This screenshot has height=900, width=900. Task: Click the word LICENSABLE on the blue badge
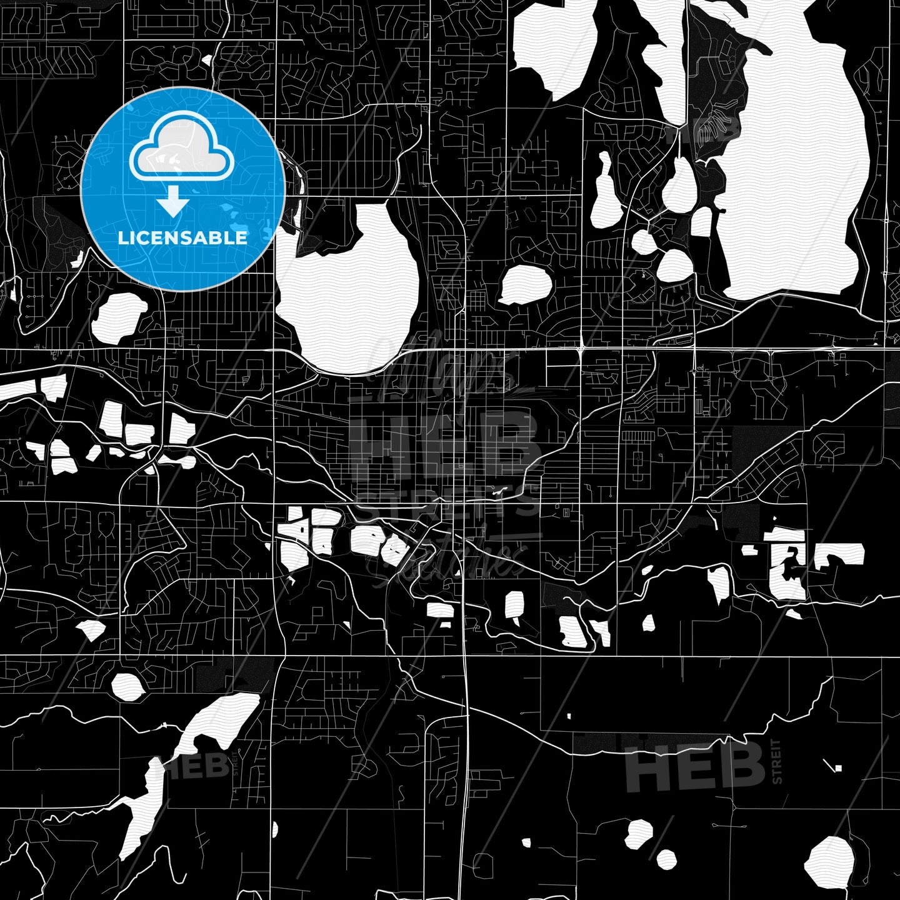coord(182,237)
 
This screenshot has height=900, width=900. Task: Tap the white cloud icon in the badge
coord(181,153)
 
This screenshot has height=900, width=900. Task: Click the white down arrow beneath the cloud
coord(173,204)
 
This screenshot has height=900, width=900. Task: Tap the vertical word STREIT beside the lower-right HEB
coord(777,761)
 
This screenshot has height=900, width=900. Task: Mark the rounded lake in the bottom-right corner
coord(829,859)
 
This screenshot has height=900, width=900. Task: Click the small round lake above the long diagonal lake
coord(127,686)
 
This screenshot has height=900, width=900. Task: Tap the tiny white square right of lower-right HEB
coord(837,767)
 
